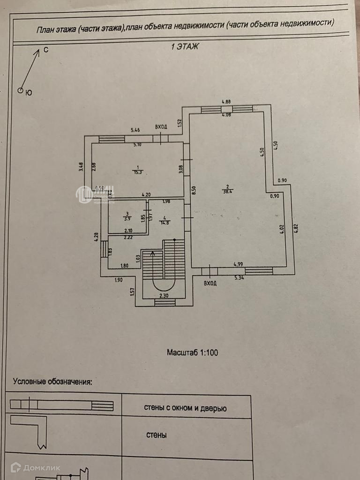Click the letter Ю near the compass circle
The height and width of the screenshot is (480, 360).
[29, 93]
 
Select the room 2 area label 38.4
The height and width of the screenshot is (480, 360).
[229, 191]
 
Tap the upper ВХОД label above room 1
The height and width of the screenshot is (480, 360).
[161, 127]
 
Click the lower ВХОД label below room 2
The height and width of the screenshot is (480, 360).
[210, 283]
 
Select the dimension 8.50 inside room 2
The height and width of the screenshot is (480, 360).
[193, 191]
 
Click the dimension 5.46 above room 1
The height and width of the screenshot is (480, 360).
[135, 130]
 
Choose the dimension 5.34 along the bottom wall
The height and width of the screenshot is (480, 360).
[240, 277]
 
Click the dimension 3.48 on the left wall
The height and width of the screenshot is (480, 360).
[81, 166]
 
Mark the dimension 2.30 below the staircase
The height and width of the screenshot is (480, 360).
[164, 295]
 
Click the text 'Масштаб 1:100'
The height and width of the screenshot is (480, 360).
[193, 352]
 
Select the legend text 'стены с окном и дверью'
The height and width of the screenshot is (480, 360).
[186, 408]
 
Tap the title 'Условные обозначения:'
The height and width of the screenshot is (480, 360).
[52, 381]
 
